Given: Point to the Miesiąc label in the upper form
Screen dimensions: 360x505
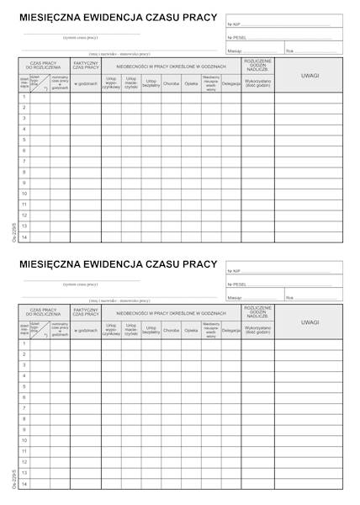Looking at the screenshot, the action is click(235, 50).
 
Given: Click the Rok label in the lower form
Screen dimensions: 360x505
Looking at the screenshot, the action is click(289, 297).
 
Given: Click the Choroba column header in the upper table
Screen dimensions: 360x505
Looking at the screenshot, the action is click(172, 83).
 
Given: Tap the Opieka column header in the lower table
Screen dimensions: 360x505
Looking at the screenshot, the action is click(191, 330).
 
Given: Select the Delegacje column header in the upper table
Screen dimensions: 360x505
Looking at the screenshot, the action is click(231, 83).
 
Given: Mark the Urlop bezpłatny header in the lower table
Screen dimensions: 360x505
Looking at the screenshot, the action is click(151, 330).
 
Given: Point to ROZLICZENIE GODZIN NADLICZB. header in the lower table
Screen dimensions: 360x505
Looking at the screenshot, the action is click(257, 312).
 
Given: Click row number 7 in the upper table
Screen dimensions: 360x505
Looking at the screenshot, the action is click(24, 161).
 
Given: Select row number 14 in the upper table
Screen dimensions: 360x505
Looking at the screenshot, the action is click(24, 237).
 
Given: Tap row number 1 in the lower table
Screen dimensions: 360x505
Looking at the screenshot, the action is click(24, 343).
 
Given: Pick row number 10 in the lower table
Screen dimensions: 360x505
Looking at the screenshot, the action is click(24, 440).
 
